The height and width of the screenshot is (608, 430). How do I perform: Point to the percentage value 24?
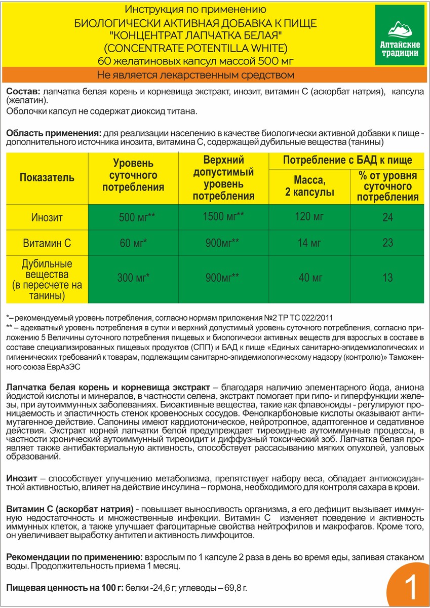[x=387, y=218]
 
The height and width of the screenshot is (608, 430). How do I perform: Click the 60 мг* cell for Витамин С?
[x=133, y=243]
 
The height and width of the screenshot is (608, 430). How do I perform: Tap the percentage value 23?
[x=387, y=243]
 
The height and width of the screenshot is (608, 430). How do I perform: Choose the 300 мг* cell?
[x=133, y=278]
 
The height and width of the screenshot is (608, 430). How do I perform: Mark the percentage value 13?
[x=387, y=278]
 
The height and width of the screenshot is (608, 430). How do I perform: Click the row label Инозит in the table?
[x=47, y=218]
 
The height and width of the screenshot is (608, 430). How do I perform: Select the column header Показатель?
[x=47, y=178]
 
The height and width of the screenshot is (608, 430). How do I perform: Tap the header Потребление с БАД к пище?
[x=347, y=160]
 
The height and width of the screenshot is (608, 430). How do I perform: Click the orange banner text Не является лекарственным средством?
[x=188, y=75]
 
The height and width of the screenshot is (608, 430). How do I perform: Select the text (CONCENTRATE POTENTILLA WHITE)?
[x=188, y=49]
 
